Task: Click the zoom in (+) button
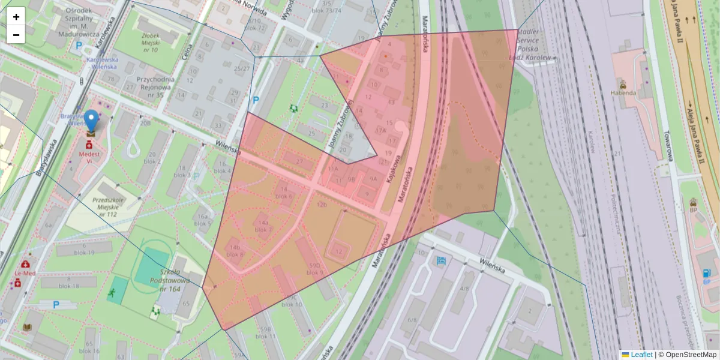pyautogui.click(x=16, y=17)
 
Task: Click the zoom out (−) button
pyautogui.click(x=16, y=35)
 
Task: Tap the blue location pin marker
pyautogui.click(x=91, y=121)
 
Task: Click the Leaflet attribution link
pyautogui.click(x=641, y=355)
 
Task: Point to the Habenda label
pyautogui.click(x=623, y=93)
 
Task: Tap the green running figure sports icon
pyautogui.click(x=112, y=293)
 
